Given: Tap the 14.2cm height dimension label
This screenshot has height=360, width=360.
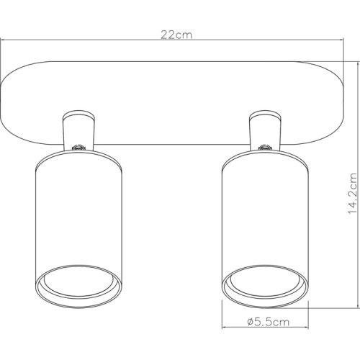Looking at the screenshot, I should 352,193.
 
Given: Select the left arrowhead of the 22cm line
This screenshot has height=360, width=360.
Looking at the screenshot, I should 4,41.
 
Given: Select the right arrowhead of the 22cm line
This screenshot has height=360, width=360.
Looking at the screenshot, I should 338,41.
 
